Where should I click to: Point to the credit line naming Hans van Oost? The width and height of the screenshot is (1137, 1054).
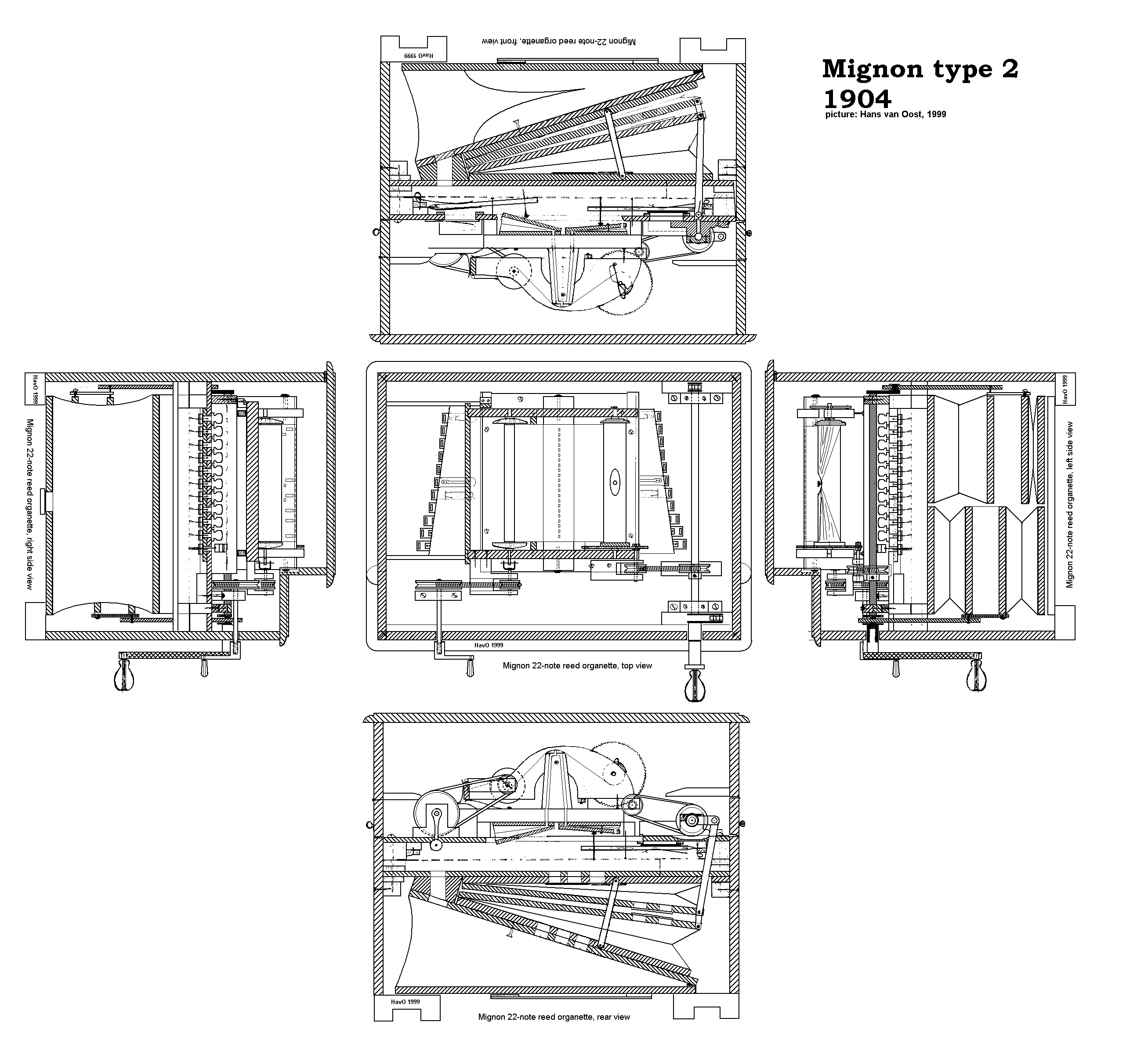click(x=885, y=114)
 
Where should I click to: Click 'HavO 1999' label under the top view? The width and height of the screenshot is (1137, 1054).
click(x=489, y=645)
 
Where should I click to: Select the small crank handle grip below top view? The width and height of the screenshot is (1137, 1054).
click(x=471, y=665)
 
